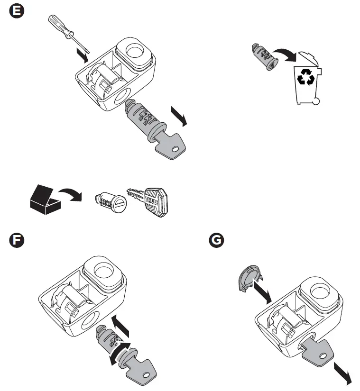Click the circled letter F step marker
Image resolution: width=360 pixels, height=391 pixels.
[17, 240]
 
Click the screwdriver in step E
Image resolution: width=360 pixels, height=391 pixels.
[65, 31]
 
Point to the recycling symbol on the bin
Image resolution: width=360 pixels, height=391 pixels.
[305, 77]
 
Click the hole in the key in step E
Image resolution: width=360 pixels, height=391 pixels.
[176, 150]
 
